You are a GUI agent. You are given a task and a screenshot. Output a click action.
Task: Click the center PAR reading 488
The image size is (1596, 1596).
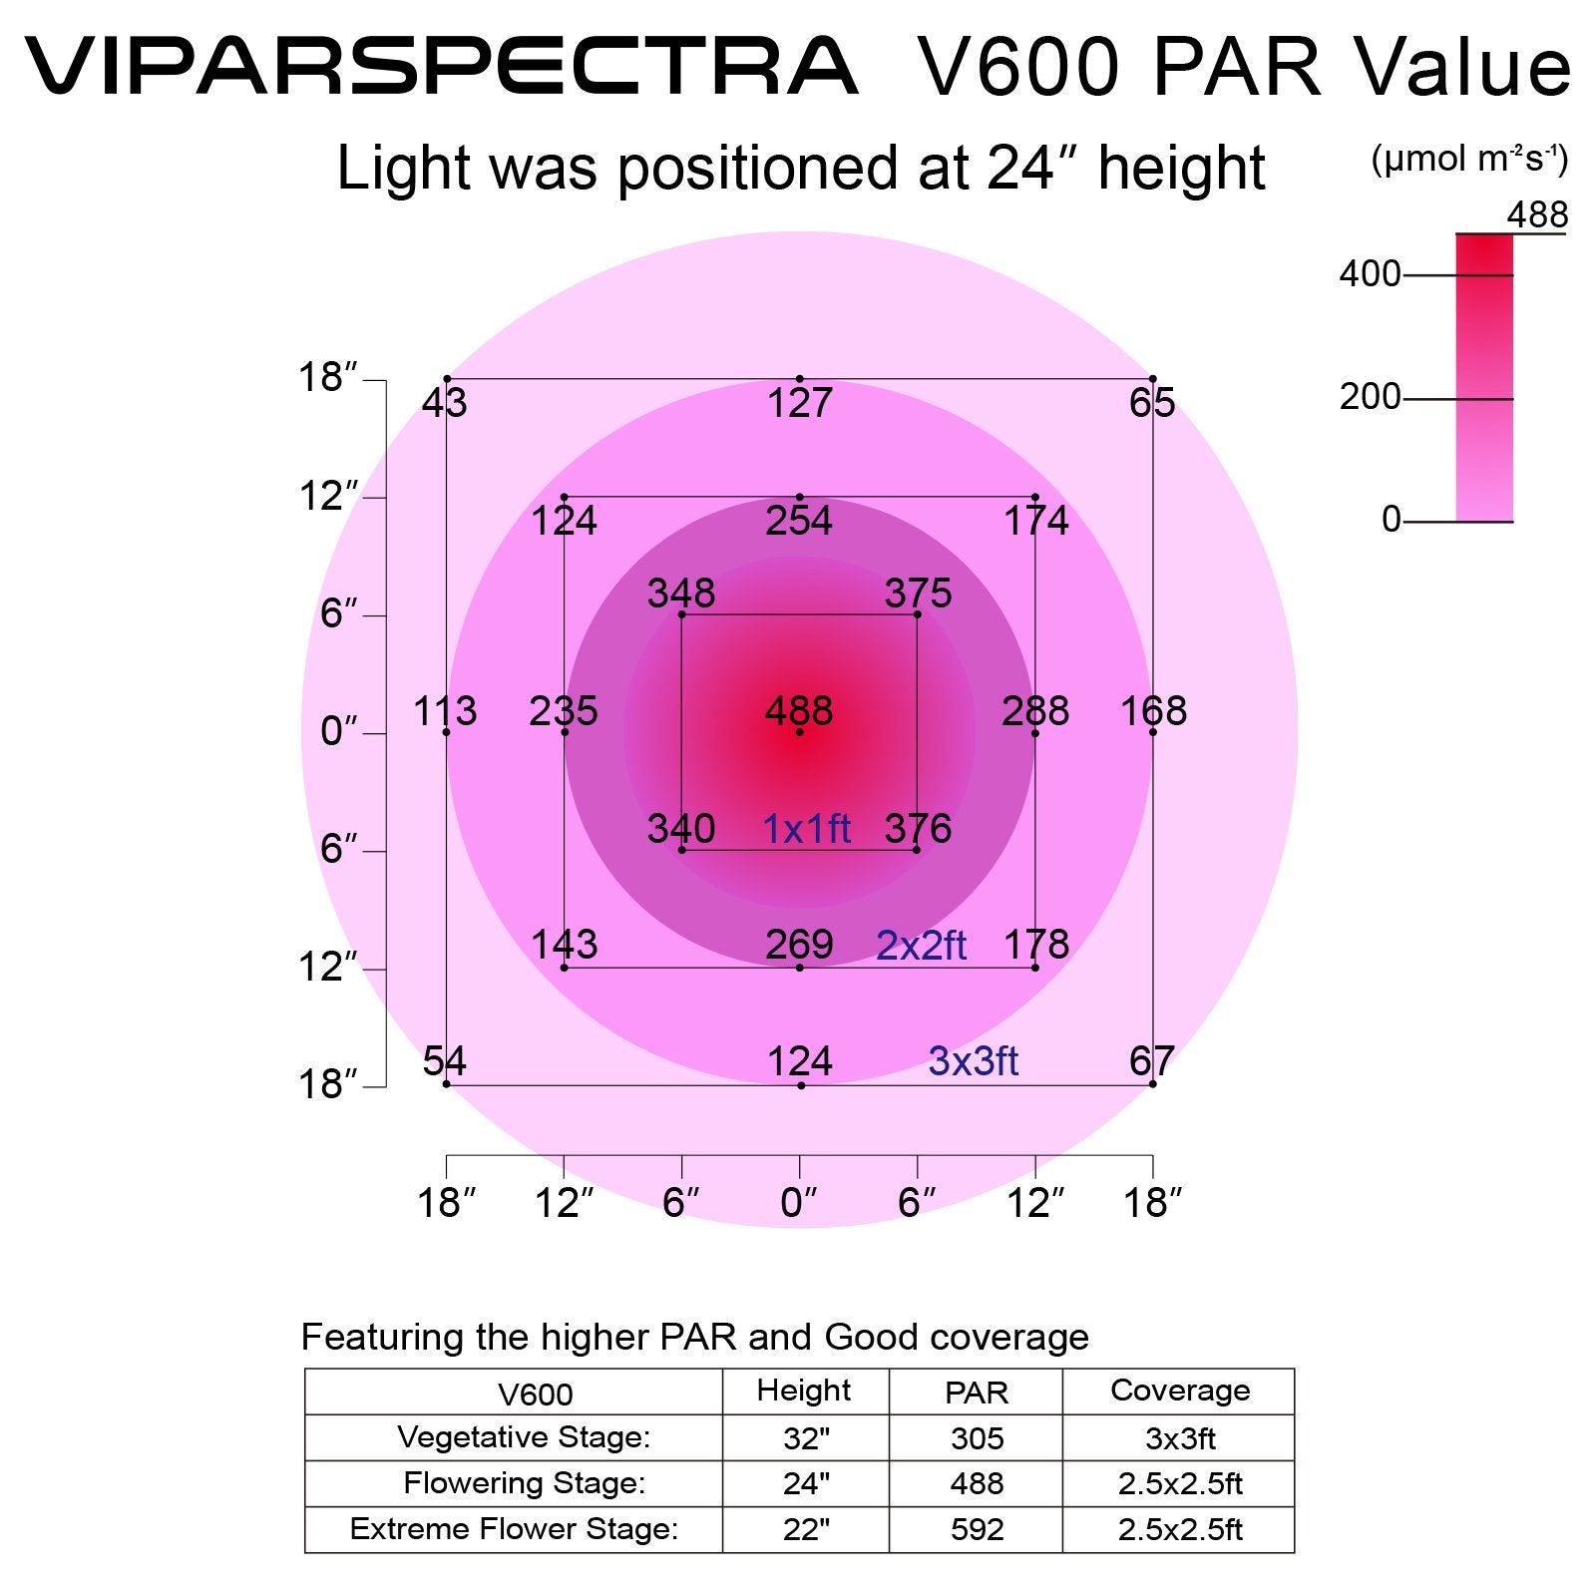pos(798,711)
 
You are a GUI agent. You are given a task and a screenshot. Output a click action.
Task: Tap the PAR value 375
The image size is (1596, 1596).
pos(918,594)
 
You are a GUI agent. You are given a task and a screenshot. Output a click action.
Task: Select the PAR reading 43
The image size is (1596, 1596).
pos(444,403)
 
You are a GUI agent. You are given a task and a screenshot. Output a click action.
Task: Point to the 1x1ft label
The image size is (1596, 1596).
pos(806,829)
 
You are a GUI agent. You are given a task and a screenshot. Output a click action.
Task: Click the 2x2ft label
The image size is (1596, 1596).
pos(921,946)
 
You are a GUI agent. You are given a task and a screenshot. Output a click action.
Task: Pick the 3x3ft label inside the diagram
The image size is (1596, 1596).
pos(973,1061)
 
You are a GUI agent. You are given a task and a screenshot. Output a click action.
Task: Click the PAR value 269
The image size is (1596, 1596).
pos(799,945)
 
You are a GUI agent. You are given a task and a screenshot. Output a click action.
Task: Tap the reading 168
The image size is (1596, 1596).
pos(1153,711)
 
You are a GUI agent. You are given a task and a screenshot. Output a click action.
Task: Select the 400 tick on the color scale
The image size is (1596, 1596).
pos(1370,274)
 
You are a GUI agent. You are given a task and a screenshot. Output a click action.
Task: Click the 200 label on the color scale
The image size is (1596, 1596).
pos(1370,397)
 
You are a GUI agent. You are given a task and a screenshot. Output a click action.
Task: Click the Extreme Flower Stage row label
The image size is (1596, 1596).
pos(514,1529)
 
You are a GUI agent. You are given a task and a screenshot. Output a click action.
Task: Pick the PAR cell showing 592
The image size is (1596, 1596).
pos(977,1529)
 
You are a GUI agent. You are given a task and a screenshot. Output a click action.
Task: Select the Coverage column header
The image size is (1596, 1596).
pos(1179,1391)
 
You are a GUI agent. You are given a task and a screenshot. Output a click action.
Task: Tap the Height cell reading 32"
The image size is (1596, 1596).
pos(806,1438)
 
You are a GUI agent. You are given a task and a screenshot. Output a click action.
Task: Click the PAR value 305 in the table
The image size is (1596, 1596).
pos(977,1438)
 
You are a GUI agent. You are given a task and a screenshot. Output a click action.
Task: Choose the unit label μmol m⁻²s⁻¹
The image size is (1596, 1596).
pos(1469,160)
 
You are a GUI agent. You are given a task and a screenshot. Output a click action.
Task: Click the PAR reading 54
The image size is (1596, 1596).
pos(444,1060)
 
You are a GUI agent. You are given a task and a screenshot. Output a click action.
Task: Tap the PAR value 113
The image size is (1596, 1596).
pos(445,711)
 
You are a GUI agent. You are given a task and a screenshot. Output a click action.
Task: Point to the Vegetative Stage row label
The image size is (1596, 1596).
pos(523,1437)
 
